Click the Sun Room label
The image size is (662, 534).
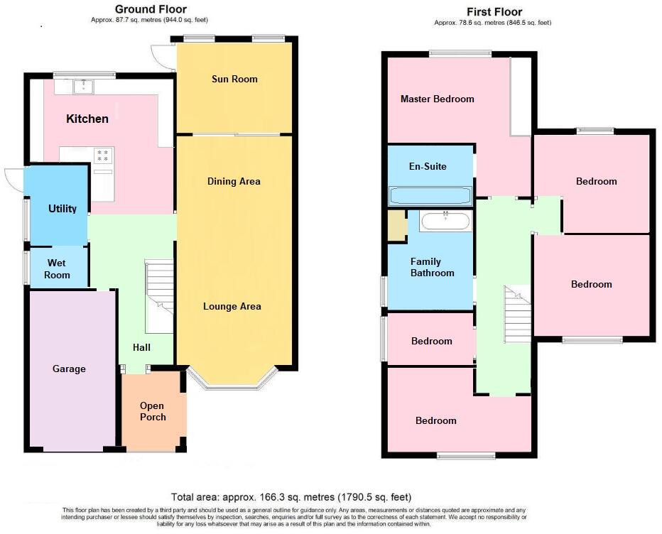click(234, 79)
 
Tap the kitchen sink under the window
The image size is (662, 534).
click(85, 86)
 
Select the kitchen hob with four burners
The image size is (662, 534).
click(103, 155)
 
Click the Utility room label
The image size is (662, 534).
click(63, 209)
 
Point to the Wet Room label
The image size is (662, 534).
click(58, 269)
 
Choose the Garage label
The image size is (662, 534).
click(69, 369)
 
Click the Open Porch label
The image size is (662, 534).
click(153, 411)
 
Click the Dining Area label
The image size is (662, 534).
click(234, 181)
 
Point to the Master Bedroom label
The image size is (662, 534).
click(437, 99)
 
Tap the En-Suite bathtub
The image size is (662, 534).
click(430, 195)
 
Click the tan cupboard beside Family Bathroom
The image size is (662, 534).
click(396, 224)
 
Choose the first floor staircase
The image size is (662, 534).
click(518, 309)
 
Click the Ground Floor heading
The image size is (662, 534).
click(151, 9)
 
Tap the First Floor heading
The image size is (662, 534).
click(494, 11)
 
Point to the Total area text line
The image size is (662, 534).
click(291, 497)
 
